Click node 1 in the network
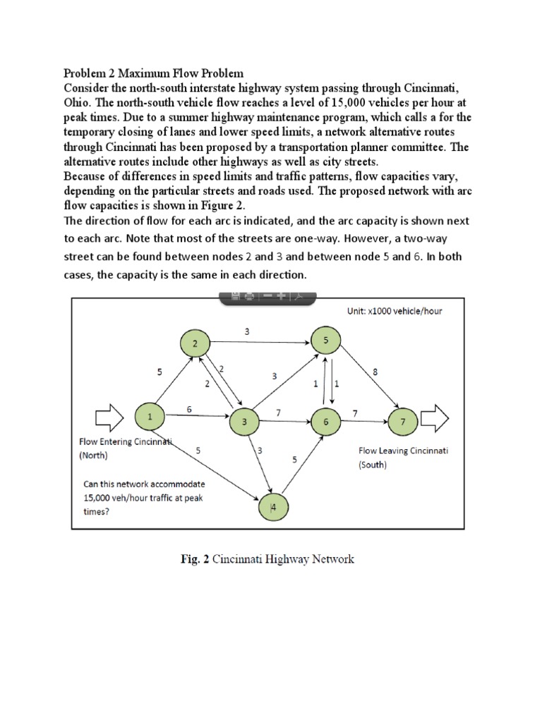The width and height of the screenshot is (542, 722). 151,417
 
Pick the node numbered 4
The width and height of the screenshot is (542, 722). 272,507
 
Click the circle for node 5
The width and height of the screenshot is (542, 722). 325,341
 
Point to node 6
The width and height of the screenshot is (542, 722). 325,422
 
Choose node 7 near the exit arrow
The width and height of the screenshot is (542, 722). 403,422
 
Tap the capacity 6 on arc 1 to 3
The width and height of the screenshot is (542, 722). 188,409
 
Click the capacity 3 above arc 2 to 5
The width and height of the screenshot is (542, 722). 246,331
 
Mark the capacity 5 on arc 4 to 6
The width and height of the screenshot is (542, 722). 294,460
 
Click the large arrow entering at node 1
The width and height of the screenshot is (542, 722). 109,417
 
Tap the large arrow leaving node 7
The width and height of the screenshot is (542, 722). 438,419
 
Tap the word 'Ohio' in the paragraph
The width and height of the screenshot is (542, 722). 76,99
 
